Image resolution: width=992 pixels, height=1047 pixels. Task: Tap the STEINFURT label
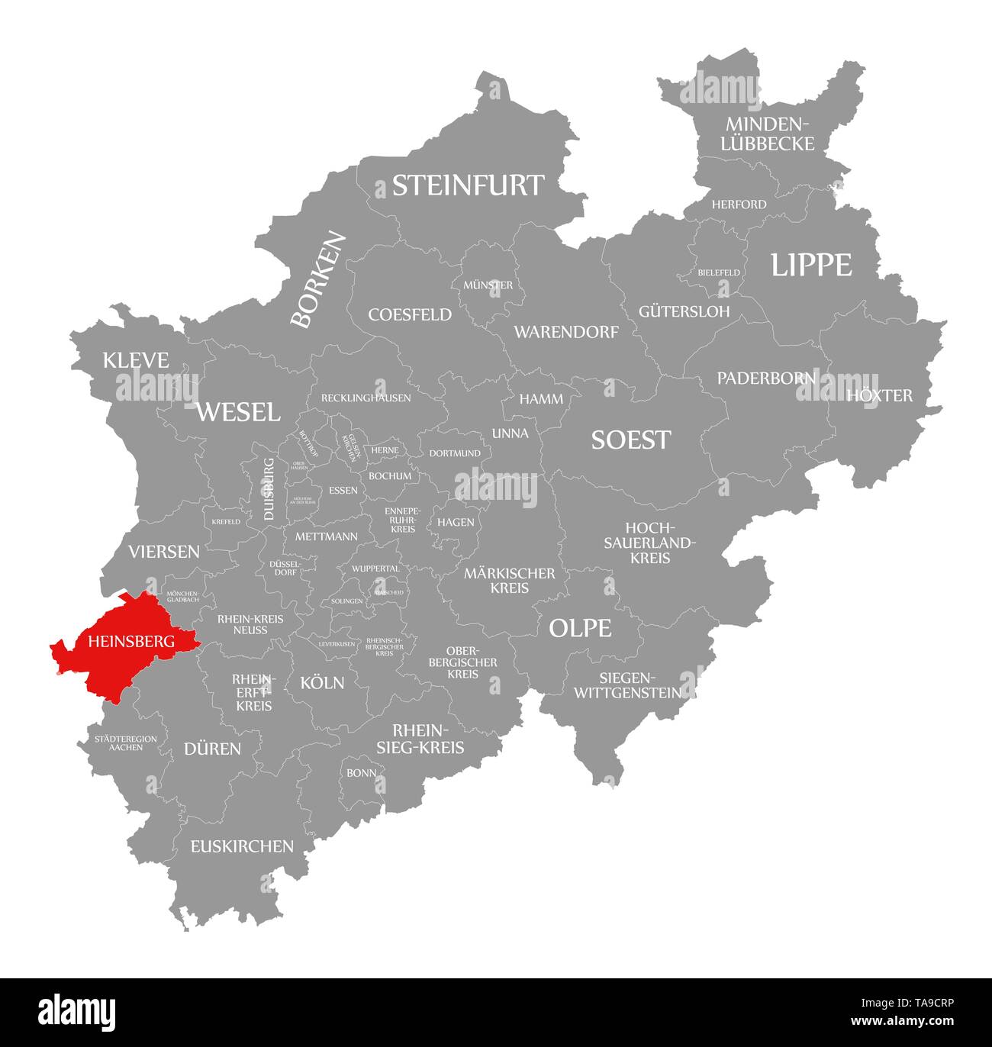(468, 185)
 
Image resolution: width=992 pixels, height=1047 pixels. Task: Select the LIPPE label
(810, 265)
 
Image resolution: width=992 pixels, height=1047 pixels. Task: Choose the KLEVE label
(137, 360)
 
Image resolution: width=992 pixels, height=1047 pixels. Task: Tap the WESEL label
(238, 412)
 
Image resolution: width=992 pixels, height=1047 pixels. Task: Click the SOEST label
(631, 440)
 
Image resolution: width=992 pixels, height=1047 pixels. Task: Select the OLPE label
(580, 628)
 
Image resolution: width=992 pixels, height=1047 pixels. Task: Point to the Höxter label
(879, 395)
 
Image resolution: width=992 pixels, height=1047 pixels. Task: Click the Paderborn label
(765, 378)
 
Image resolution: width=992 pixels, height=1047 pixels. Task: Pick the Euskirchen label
(242, 846)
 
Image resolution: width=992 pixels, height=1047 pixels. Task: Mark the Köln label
(322, 682)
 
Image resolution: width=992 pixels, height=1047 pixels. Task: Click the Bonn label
(361, 772)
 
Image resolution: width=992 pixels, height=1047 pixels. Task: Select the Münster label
(488, 285)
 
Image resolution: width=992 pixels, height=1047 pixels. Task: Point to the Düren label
(212, 749)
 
